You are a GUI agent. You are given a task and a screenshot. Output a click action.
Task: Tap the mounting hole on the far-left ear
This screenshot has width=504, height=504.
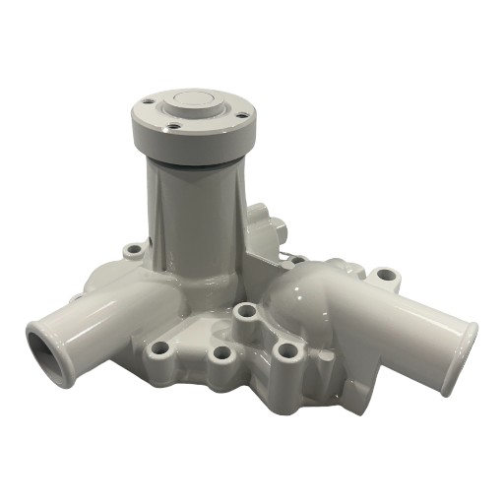(133, 251)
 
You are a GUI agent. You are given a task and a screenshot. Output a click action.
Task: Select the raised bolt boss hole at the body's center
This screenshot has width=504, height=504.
(246, 312)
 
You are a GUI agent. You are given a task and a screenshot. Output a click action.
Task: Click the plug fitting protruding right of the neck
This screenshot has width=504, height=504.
(265, 220)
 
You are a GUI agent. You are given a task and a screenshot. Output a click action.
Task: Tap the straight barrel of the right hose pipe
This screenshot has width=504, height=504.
(413, 325)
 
